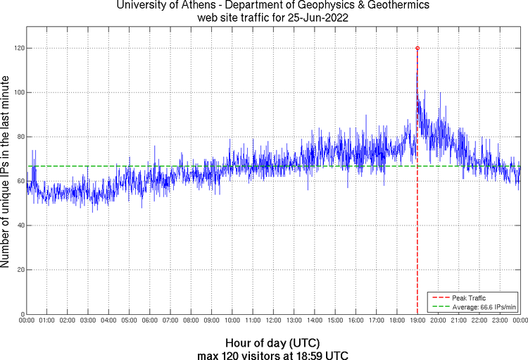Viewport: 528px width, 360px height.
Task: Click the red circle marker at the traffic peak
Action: pyautogui.click(x=417, y=48)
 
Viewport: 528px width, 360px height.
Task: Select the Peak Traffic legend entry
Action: pyautogui.click(x=470, y=298)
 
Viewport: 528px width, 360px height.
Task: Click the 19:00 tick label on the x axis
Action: pyautogui.click(x=417, y=321)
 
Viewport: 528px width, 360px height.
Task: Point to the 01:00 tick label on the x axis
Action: pyautogui.click(x=47, y=321)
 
